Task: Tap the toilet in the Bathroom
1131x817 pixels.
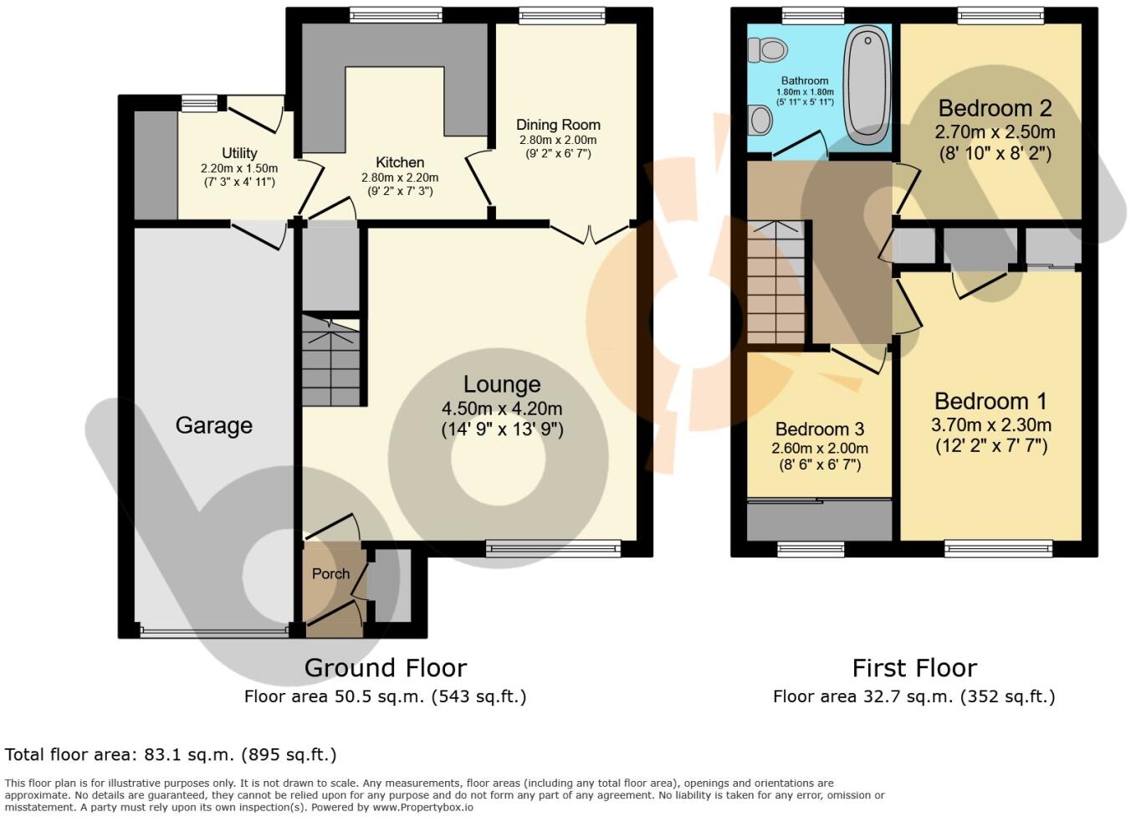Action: [x=768, y=50]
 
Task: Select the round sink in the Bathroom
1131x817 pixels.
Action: [x=760, y=120]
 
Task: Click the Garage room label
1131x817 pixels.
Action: [x=213, y=425]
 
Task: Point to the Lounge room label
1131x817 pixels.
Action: [x=502, y=384]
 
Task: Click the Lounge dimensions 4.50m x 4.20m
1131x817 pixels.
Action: [x=502, y=408]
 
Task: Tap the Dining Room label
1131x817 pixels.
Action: [x=558, y=125]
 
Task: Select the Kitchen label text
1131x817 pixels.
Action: [x=400, y=162]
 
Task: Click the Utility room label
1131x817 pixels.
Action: [x=239, y=153]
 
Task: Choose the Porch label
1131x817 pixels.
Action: [x=330, y=573]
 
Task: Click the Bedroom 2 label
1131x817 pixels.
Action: [x=995, y=108]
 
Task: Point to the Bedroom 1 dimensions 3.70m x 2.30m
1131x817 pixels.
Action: [x=990, y=425]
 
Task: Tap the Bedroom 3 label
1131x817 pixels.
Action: [x=819, y=429]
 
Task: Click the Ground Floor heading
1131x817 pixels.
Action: [x=385, y=668]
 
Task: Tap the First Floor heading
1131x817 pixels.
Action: [x=913, y=668]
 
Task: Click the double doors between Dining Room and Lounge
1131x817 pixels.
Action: [x=590, y=232]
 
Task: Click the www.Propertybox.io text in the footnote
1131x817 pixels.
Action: [x=422, y=807]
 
